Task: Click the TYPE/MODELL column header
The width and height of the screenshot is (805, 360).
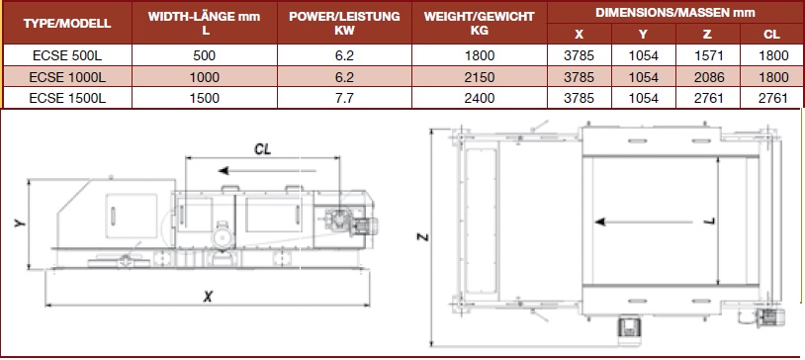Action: click(67, 24)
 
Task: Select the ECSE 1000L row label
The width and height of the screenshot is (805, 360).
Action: click(67, 77)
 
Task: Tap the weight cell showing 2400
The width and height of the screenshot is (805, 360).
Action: click(480, 98)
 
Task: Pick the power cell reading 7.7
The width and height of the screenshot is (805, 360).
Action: click(344, 98)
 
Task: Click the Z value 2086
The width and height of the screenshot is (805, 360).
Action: click(708, 77)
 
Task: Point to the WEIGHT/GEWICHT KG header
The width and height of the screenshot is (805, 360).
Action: click(479, 23)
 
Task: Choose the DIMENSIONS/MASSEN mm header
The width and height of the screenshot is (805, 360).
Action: click(675, 12)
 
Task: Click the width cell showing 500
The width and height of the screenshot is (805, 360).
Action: click(205, 55)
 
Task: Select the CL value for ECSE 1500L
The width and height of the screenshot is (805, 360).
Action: click(772, 98)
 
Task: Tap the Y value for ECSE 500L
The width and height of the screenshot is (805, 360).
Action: click(643, 55)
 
